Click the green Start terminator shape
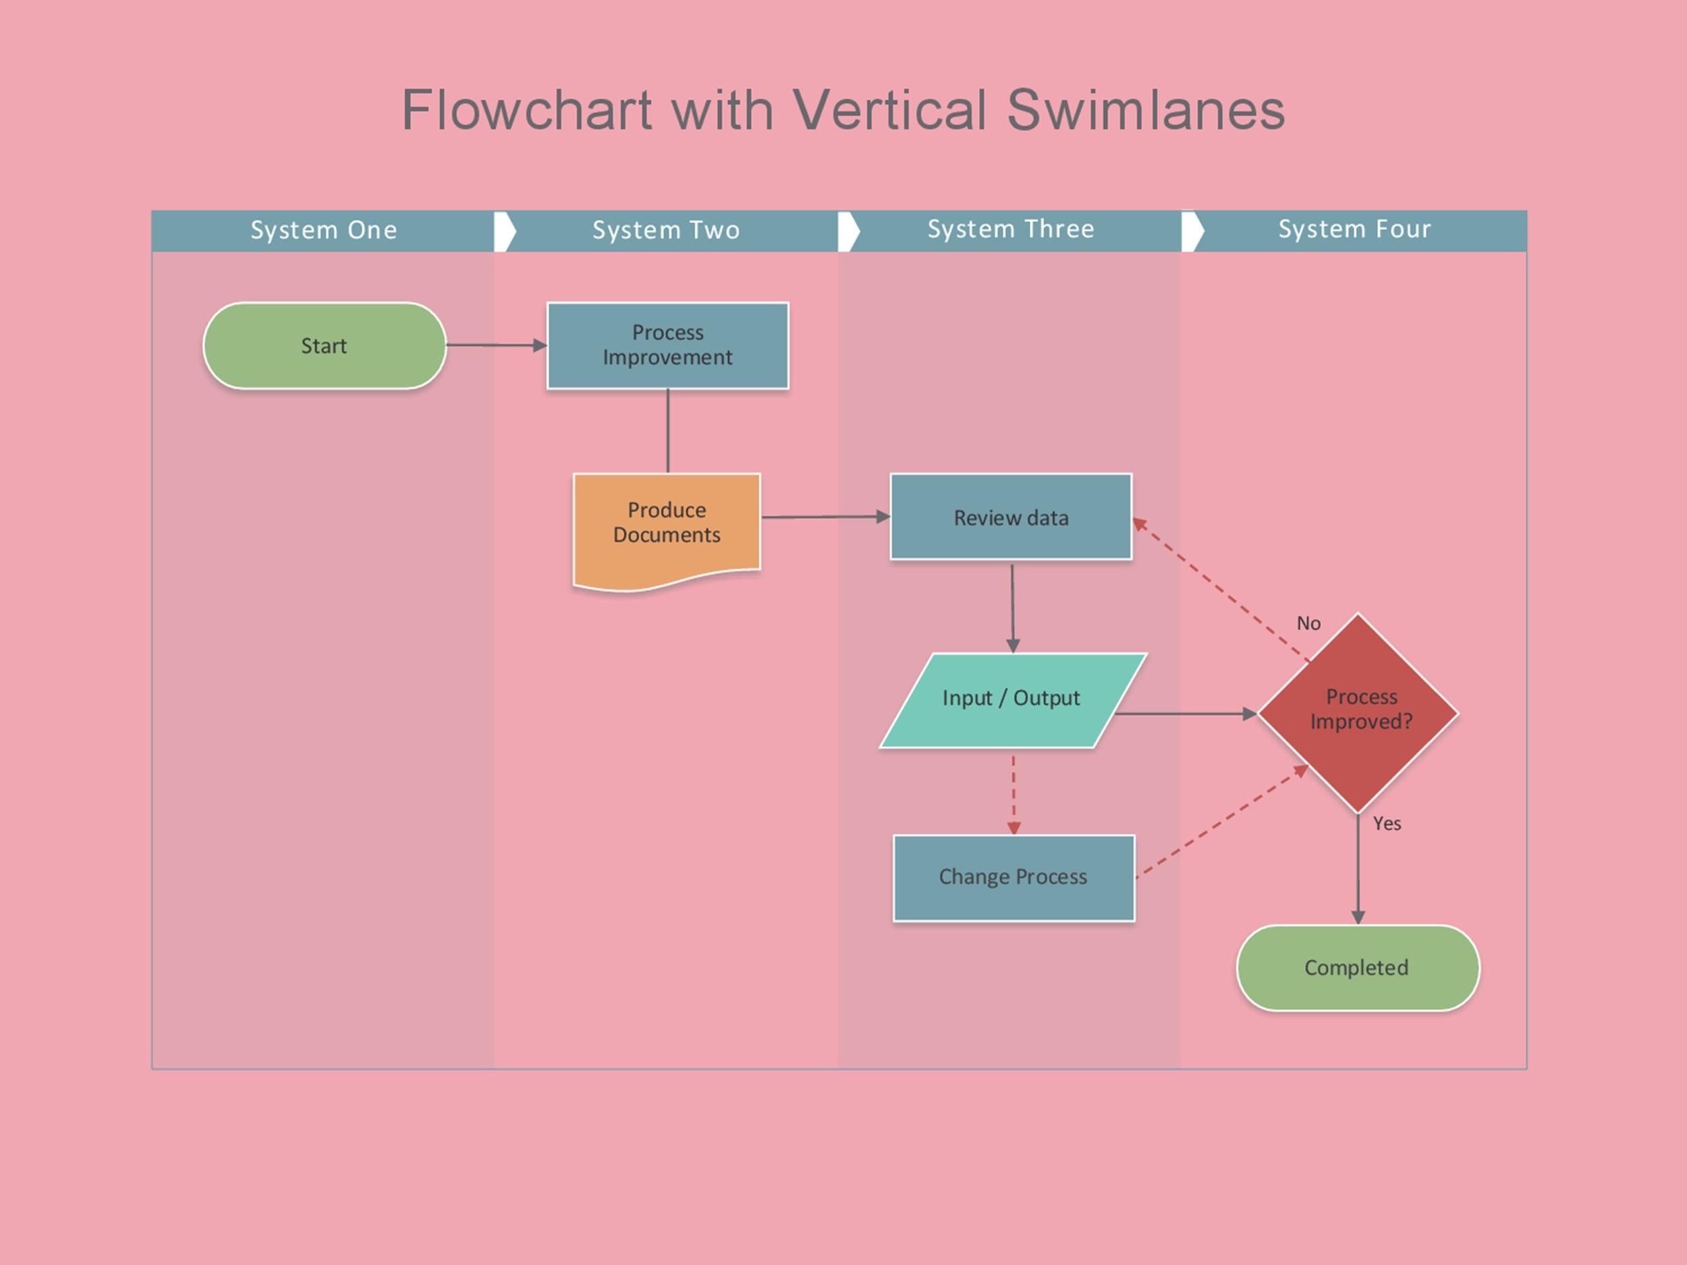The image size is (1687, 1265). (x=324, y=345)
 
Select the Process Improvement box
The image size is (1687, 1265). (x=667, y=345)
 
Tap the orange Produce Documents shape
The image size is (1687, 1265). (x=666, y=526)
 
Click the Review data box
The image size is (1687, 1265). (x=1011, y=517)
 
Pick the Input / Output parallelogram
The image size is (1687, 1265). (x=1012, y=699)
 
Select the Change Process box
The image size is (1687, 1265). (x=1014, y=878)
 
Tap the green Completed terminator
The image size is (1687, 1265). (x=1358, y=967)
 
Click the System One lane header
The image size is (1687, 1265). (x=323, y=230)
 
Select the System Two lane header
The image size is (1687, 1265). (x=666, y=230)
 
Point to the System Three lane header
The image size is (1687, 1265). (x=1011, y=229)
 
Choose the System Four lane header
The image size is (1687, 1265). (x=1354, y=229)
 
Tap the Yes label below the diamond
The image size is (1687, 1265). (x=1387, y=824)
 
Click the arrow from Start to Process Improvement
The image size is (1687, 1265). (x=496, y=345)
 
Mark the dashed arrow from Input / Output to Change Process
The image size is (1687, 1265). (x=1014, y=793)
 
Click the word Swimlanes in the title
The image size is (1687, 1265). (x=1146, y=110)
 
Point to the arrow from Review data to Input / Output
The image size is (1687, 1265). (x=1013, y=607)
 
